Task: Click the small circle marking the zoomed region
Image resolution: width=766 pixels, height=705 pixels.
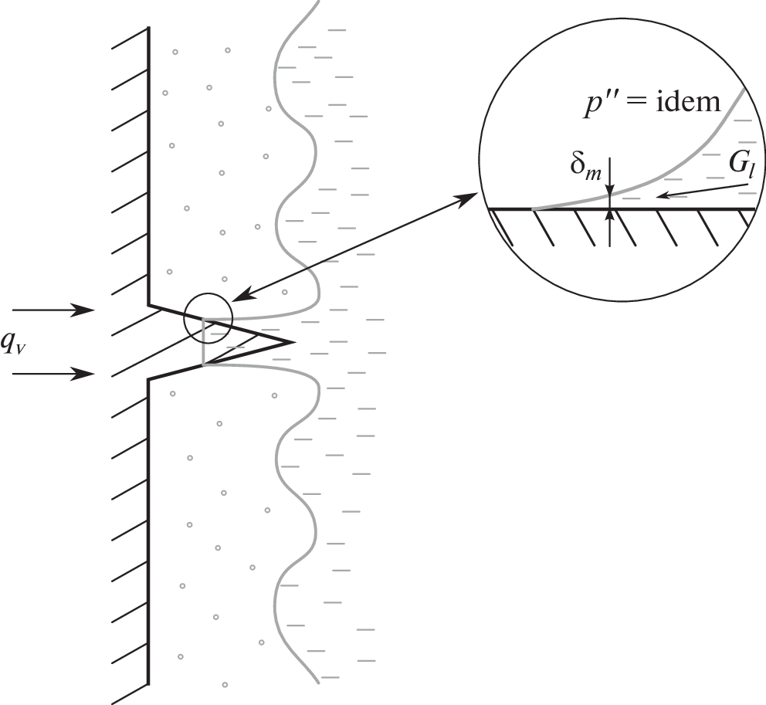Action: pyautogui.click(x=208, y=318)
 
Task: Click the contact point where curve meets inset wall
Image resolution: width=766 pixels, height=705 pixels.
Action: pyautogui.click(x=533, y=209)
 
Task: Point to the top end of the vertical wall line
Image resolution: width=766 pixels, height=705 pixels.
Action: pyautogui.click(x=148, y=28)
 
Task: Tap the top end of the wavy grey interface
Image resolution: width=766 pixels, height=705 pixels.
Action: pyautogui.click(x=317, y=2)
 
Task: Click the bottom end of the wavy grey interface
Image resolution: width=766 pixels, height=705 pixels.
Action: pyautogui.click(x=317, y=683)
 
